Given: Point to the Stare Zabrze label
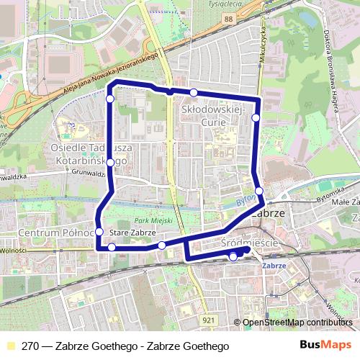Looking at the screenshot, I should point(132,233).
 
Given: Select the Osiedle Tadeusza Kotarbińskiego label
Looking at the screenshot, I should point(89,155).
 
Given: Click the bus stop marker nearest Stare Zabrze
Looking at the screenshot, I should point(112,247).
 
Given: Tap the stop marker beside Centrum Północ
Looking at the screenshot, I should point(99,233).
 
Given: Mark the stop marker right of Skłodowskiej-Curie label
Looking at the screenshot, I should point(256,117).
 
